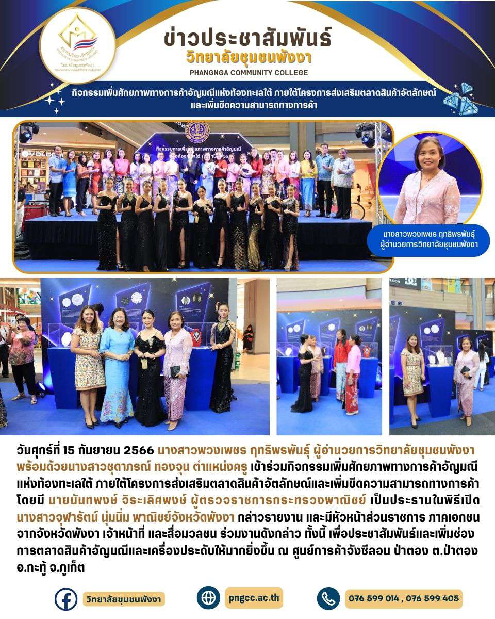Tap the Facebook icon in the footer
[x=65, y=599]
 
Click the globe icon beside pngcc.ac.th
[x=208, y=598]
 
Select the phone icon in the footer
[x=328, y=599]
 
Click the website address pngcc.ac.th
[x=254, y=598]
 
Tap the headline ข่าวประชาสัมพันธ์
[x=247, y=38]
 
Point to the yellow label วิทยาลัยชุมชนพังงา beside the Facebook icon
[x=124, y=599]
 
